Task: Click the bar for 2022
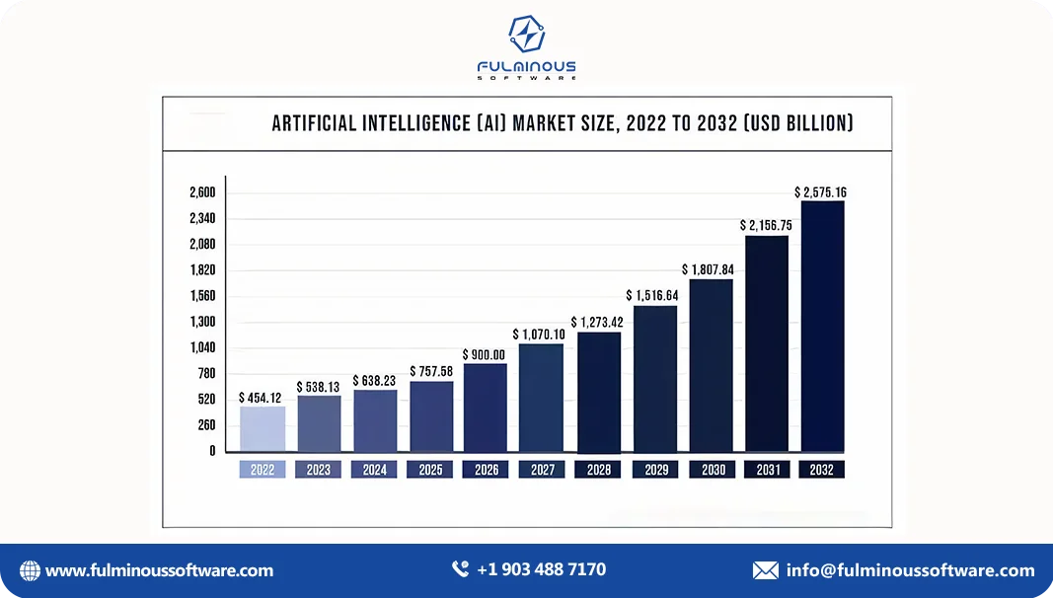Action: [263, 429]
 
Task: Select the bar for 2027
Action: [541, 398]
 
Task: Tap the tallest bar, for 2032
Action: [822, 326]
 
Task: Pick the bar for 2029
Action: [654, 379]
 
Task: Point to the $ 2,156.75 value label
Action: [766, 225]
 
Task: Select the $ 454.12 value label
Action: [261, 398]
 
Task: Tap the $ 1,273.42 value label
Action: [600, 323]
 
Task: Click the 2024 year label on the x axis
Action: [374, 471]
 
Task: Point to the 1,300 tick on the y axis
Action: [202, 322]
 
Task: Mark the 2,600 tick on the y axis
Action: [202, 192]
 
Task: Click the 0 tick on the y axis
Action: [212, 451]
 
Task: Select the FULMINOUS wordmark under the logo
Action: [526, 67]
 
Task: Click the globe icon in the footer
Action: [31, 570]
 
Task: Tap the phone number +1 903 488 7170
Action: [541, 569]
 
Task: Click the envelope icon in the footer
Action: [765, 570]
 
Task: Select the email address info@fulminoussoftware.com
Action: [910, 570]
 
